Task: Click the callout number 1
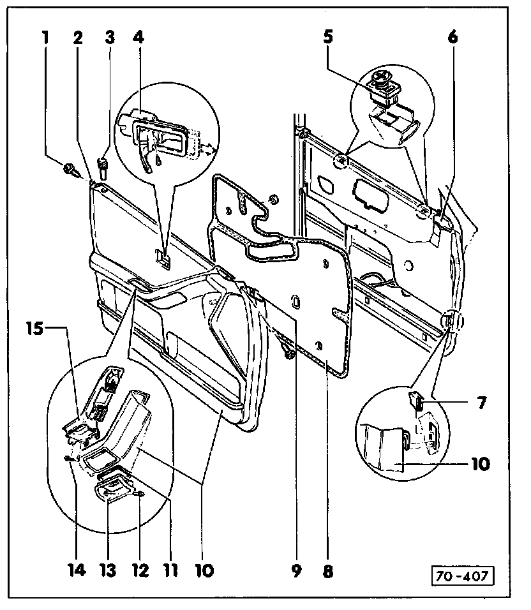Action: pyautogui.click(x=45, y=38)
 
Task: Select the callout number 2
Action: pyautogui.click(x=77, y=38)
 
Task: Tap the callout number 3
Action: pyautogui.click(x=110, y=38)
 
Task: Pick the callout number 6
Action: pyautogui.click(x=452, y=38)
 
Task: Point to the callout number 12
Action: pyautogui.click(x=140, y=570)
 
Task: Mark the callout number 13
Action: pyautogui.click(x=107, y=570)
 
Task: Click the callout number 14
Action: pyautogui.click(x=75, y=570)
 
